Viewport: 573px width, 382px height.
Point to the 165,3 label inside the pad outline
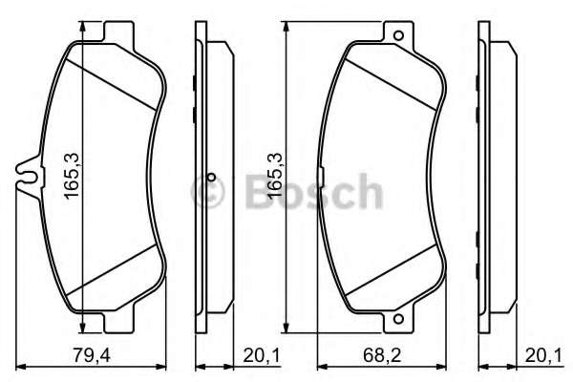click(71, 173)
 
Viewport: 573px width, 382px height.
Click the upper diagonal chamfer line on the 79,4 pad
click(110, 78)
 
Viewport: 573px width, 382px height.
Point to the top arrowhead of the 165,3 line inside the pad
click(85, 29)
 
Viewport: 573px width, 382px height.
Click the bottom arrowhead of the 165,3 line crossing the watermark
click(286, 322)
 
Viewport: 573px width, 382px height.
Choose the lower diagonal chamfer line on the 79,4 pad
click(110, 269)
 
